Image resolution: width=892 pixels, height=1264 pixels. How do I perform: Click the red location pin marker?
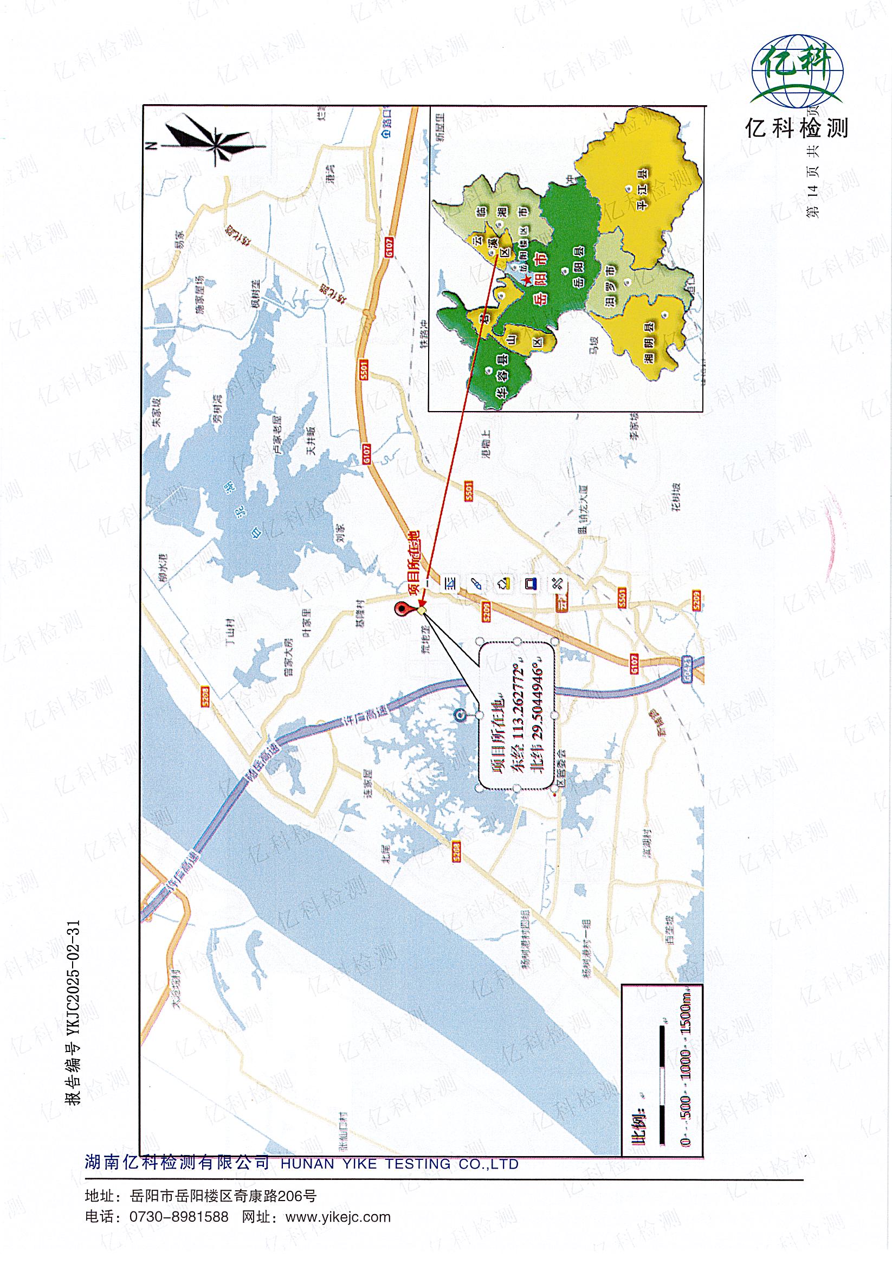pos(403,609)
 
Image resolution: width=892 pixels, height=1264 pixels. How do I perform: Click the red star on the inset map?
pos(527,281)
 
